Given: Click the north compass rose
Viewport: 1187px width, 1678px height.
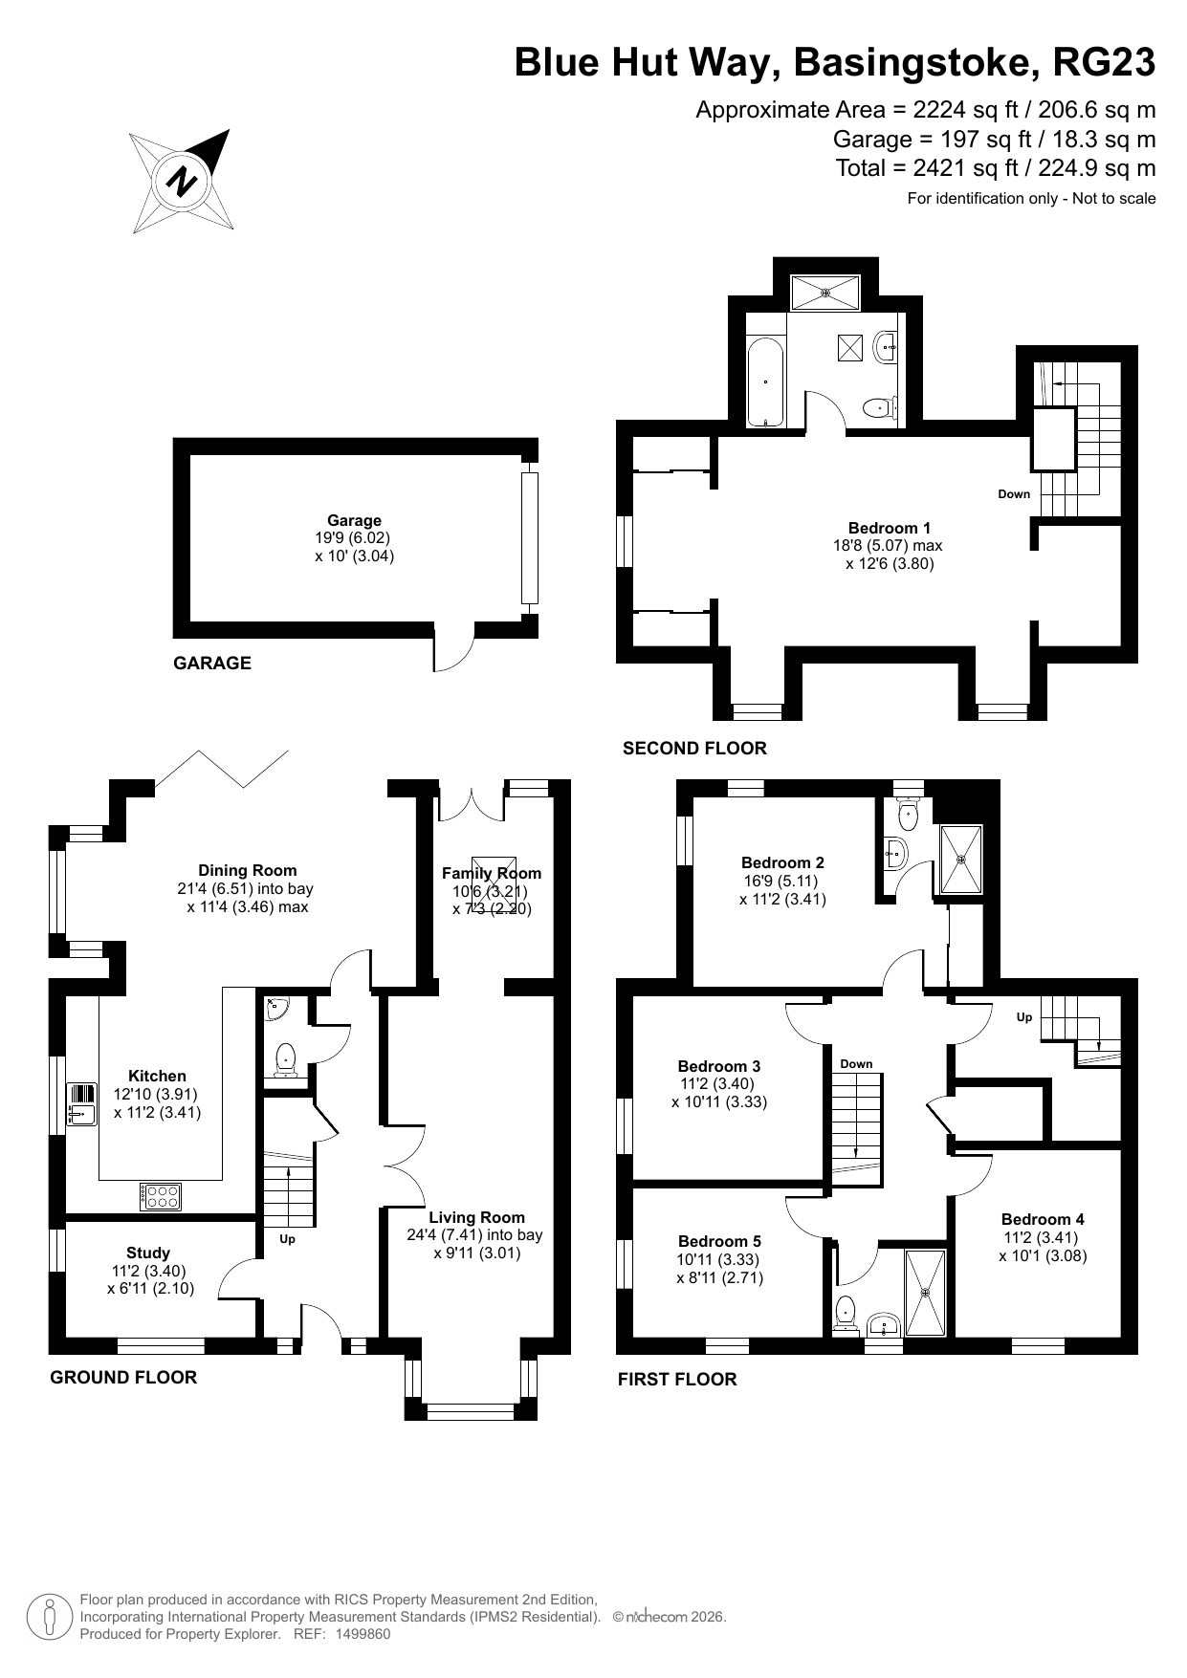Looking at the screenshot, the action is point(182,181).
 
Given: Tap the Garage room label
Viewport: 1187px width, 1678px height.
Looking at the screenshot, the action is point(354,520).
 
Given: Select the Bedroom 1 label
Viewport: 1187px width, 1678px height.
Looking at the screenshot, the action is point(889,528).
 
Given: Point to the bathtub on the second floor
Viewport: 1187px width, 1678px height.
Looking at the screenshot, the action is point(765,381).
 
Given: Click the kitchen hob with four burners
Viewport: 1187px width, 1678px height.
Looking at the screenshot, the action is point(161,1196).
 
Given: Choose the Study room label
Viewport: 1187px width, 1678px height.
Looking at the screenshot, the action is point(148,1253).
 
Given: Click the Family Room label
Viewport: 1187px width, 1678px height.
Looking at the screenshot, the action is point(492,873).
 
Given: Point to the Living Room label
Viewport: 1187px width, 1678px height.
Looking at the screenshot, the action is point(476,1217).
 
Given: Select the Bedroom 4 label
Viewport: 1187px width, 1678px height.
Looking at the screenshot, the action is point(1043,1219).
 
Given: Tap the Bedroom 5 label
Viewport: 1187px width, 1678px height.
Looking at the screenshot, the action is point(719,1241).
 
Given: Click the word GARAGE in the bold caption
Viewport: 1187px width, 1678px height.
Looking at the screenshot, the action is point(212,663).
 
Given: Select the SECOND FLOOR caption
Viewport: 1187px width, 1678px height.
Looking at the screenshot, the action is point(694,748).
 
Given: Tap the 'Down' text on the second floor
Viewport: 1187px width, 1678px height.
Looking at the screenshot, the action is point(1014,493).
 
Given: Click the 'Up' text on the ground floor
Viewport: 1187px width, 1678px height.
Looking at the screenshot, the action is point(287,1239).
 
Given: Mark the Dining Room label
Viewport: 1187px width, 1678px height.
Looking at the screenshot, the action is point(247,870).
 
